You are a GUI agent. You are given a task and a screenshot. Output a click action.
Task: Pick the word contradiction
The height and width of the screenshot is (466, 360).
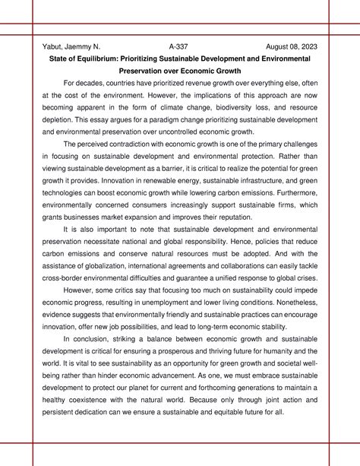click(x=134, y=144)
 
